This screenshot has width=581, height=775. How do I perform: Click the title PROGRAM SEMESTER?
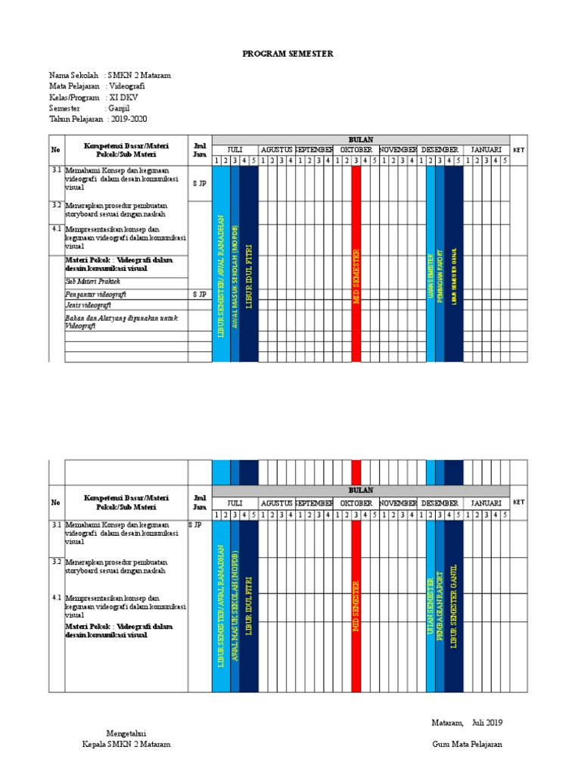(x=287, y=54)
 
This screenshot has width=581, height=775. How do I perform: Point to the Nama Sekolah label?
(x=74, y=76)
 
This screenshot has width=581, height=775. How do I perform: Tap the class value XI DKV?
(x=123, y=98)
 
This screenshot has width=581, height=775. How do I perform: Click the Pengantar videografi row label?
(x=95, y=294)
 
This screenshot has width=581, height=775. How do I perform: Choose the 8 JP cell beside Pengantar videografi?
(x=200, y=294)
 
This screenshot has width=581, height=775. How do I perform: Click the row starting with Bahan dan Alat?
(x=121, y=322)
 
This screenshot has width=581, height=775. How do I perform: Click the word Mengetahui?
(x=126, y=733)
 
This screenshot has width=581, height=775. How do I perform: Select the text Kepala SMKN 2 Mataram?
(x=126, y=744)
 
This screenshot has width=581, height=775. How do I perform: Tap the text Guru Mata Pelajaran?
(x=467, y=744)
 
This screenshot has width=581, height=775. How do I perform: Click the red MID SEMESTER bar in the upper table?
(x=356, y=265)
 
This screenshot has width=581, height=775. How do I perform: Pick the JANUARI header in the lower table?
(x=486, y=503)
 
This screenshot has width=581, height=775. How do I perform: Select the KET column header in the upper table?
(x=518, y=150)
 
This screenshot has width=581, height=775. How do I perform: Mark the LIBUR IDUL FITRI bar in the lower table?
(x=248, y=605)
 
